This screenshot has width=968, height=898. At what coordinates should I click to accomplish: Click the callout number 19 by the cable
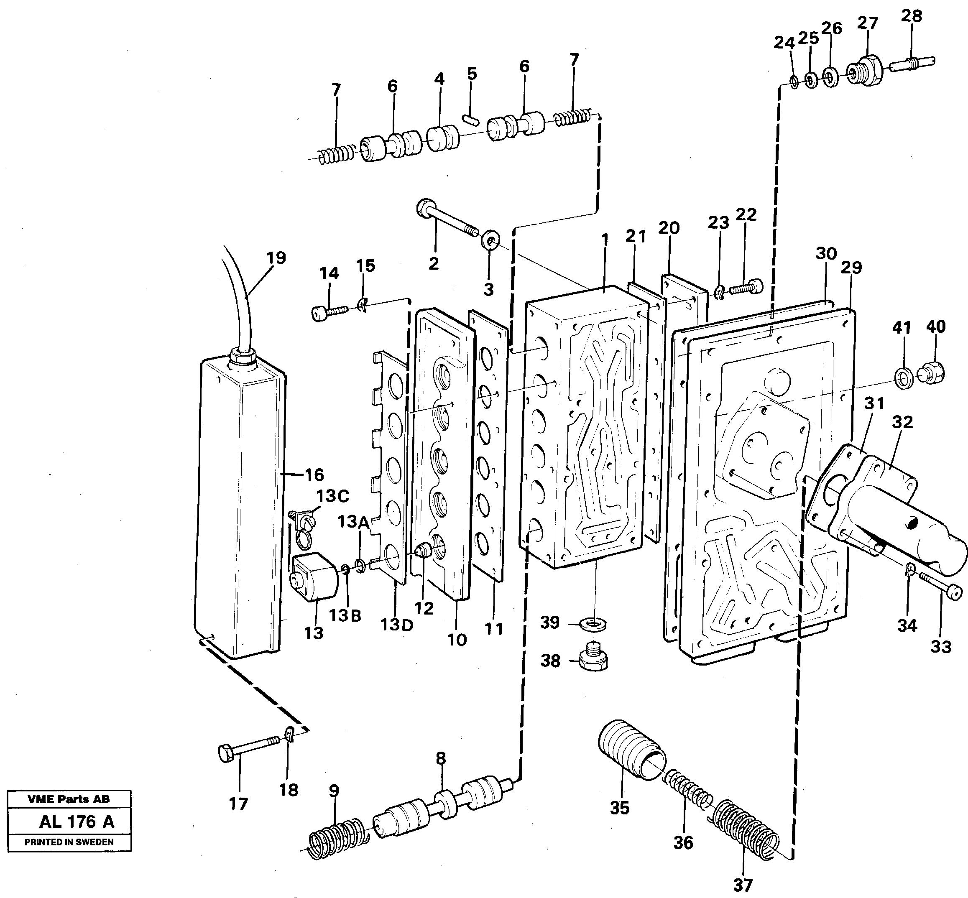pos(276,258)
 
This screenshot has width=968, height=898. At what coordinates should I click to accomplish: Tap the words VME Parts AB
pos(69,799)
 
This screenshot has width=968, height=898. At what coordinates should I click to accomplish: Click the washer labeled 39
pos(593,623)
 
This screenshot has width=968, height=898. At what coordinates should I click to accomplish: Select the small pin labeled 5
pos(471,120)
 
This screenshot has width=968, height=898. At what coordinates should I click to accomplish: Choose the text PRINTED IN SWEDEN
pos(69,842)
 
